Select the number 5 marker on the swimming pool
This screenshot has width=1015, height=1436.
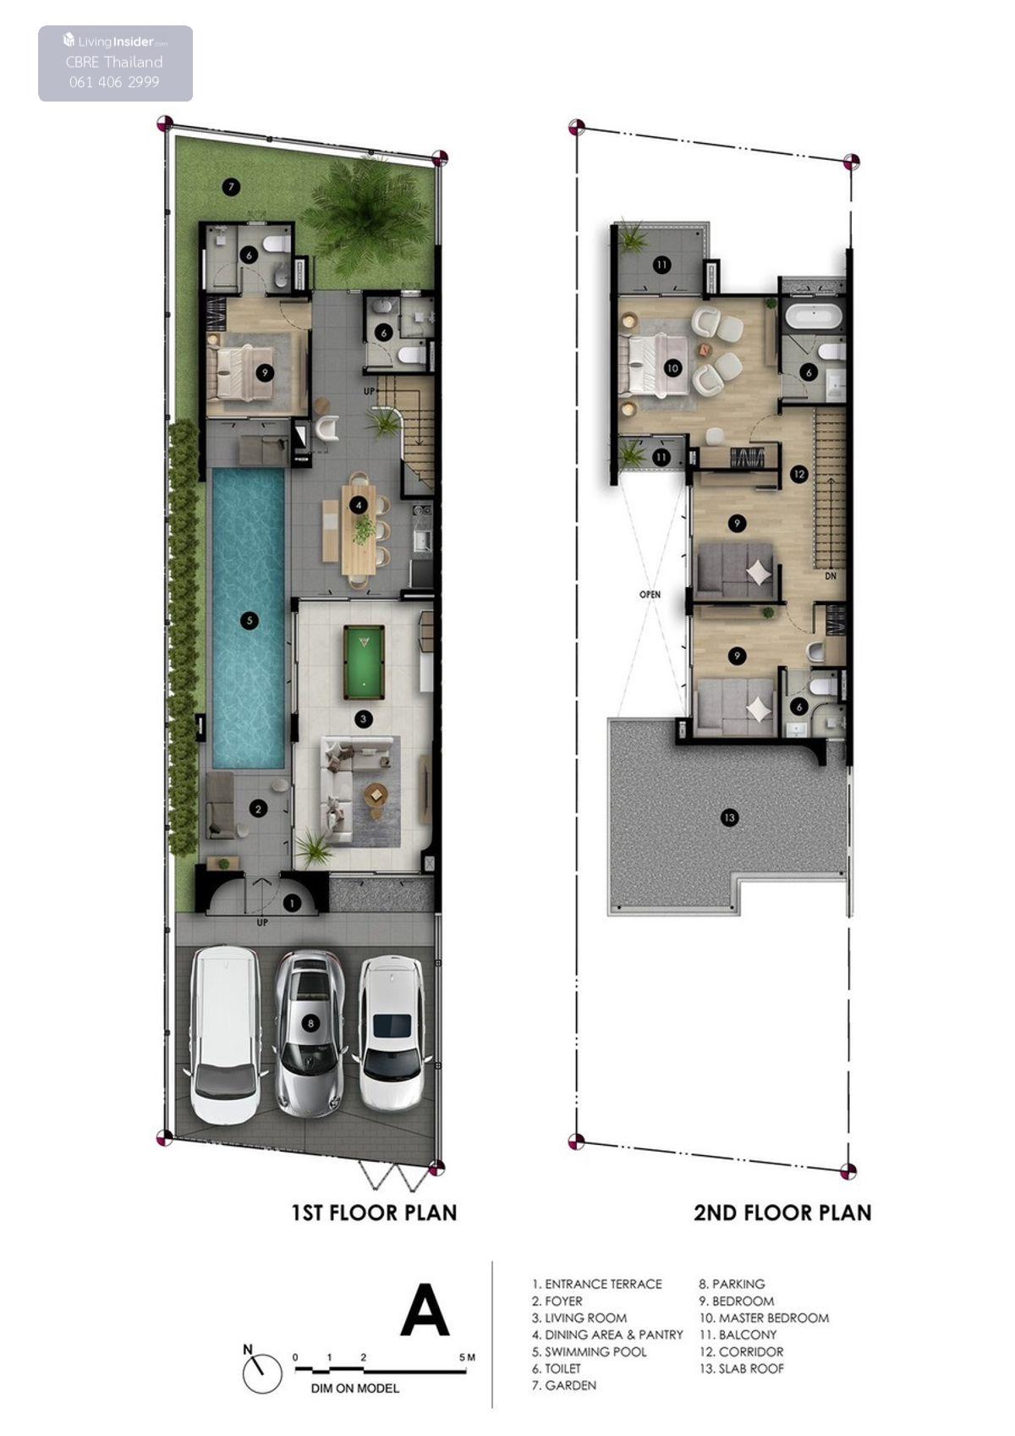tap(250, 620)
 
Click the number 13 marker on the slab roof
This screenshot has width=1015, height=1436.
tap(729, 817)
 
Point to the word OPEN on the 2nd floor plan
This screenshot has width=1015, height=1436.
tap(650, 594)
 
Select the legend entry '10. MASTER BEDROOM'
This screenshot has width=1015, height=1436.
tap(764, 1318)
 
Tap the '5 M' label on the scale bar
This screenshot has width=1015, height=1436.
tap(467, 1357)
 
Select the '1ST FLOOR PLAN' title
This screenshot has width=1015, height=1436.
tap(374, 1213)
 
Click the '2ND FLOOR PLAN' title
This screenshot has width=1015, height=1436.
tap(782, 1213)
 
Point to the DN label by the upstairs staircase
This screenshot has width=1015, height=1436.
tap(831, 576)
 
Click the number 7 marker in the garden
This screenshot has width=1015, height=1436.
tap(231, 187)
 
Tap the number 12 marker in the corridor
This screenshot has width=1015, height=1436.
tap(798, 475)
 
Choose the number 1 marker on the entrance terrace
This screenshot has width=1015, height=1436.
tap(292, 903)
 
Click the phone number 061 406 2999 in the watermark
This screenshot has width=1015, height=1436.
tap(114, 81)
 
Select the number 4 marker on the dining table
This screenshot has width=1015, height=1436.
tap(359, 506)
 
